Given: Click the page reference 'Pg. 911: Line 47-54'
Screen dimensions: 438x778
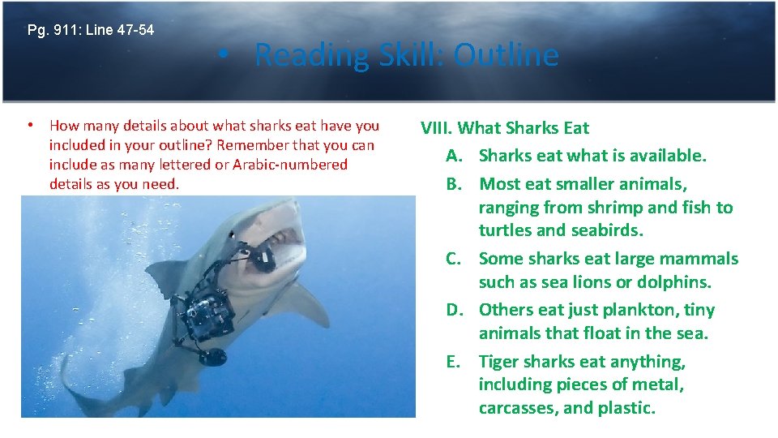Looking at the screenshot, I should pyautogui.click(x=90, y=31).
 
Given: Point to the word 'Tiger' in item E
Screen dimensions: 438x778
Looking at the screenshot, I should pyautogui.click(x=499, y=362).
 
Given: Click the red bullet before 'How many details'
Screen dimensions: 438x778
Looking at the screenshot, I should pyautogui.click(x=29, y=126).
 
